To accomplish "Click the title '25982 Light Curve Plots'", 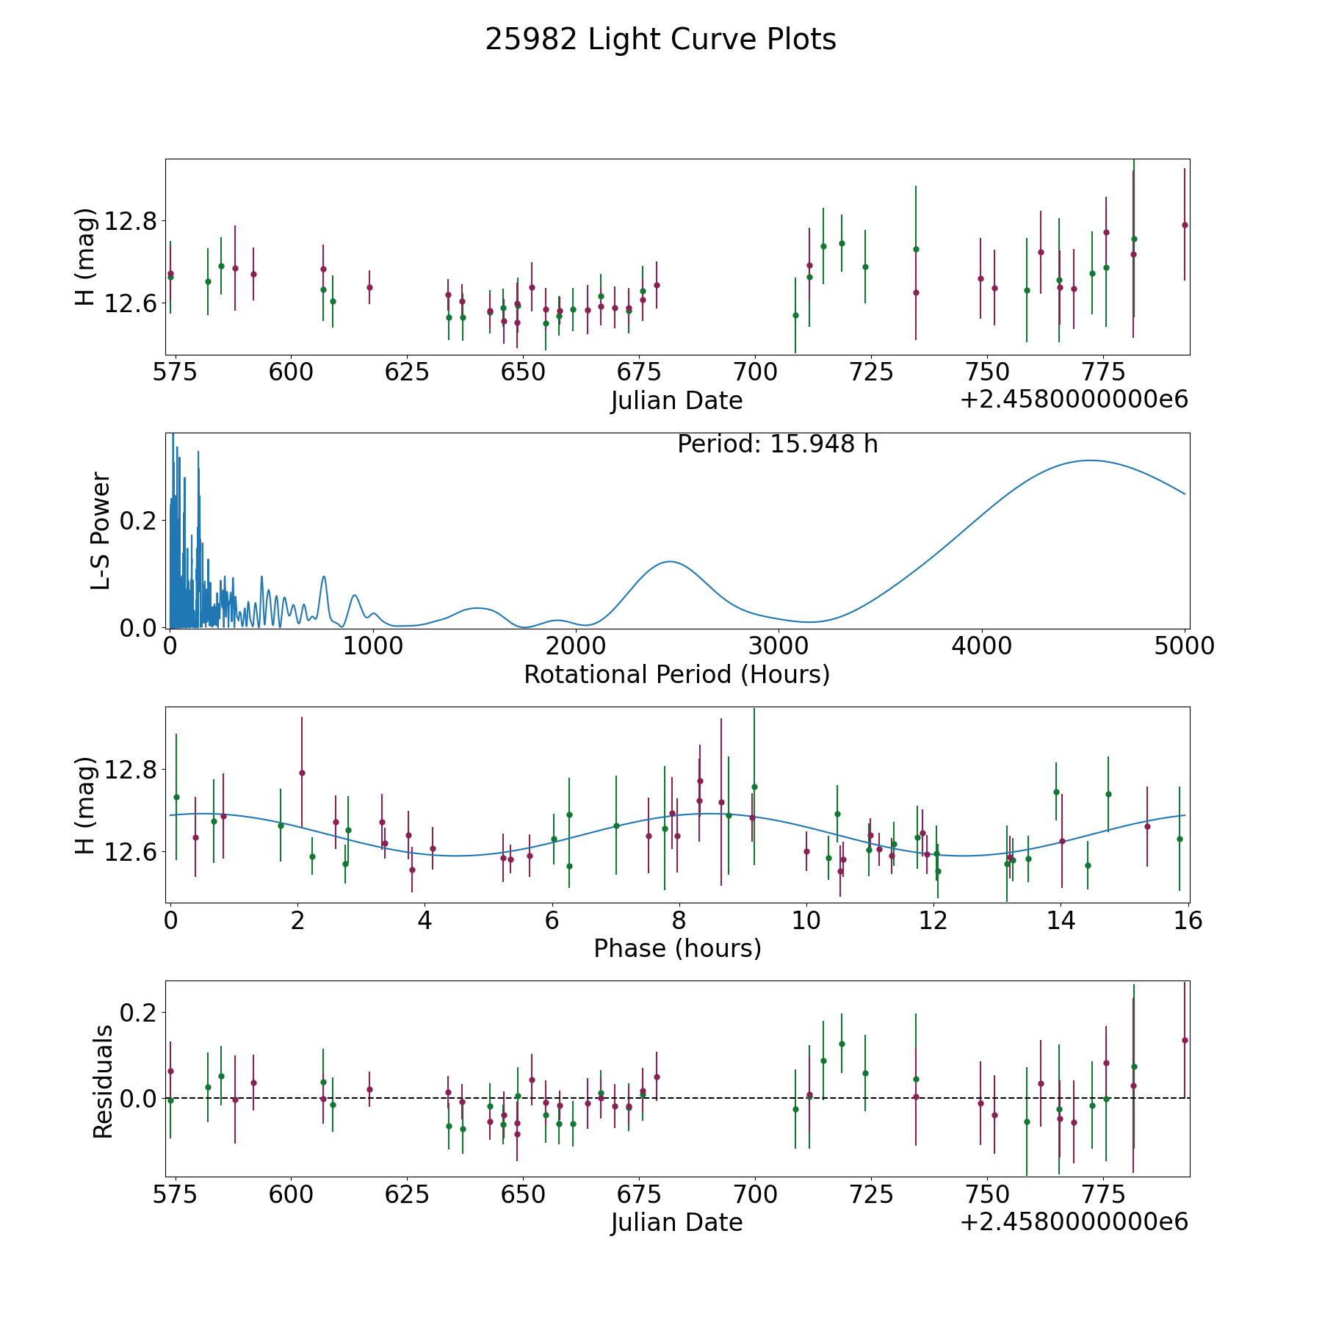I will [660, 40].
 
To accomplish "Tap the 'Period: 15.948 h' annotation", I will [777, 444].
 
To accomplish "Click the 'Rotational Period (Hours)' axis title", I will [676, 674].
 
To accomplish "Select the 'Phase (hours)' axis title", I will [677, 948].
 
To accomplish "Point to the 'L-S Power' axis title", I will [101, 530].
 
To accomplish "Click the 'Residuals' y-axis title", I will [103, 1081].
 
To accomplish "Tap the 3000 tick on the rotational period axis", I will [779, 646].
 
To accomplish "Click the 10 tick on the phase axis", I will [806, 921].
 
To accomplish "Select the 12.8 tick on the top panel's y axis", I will [128, 220].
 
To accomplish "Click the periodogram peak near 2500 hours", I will [670, 562].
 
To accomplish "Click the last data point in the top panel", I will [1184, 225].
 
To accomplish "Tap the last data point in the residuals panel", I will [1184, 1040].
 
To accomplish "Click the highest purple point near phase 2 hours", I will [302, 773].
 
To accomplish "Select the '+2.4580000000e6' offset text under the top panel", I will [1074, 400].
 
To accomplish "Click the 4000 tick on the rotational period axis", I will [982, 646].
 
